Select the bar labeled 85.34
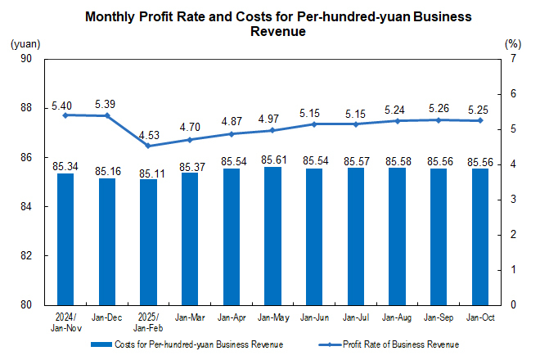pyautogui.click(x=65, y=239)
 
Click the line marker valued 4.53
pyautogui.click(x=148, y=146)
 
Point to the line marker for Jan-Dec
pyautogui.click(x=107, y=115)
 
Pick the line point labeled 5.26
pyautogui.click(x=439, y=120)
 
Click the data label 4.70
pyautogui.click(x=190, y=127)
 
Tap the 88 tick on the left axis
pyautogui.click(x=26, y=108)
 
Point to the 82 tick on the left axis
pyautogui.click(x=26, y=256)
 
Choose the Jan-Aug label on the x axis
pyautogui.click(x=397, y=317)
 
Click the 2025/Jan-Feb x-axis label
pyautogui.click(x=148, y=321)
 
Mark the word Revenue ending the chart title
pyautogui.click(x=278, y=32)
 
